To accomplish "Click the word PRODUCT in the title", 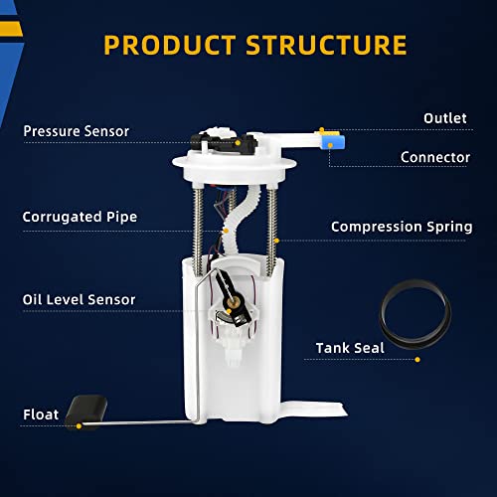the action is (169, 45).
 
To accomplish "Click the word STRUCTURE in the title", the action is (326, 45).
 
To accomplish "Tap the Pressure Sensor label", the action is (77, 131).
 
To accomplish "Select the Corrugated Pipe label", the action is (80, 217).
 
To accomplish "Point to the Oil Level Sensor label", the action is (79, 299).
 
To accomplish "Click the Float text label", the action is (41, 414).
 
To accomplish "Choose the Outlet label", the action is (445, 118).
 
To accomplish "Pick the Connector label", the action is (435, 157).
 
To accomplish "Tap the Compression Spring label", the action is (402, 227).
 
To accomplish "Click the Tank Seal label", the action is (350, 348).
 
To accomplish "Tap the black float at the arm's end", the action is (86, 411).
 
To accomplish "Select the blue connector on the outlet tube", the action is (333, 140).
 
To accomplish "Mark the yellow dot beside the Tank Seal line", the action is (417, 360).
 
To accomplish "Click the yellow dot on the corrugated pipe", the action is (226, 231).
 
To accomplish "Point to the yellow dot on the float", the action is (79, 426).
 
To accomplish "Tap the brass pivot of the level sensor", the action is (236, 300).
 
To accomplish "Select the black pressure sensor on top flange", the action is (224, 143).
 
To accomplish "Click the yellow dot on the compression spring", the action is (277, 241).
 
